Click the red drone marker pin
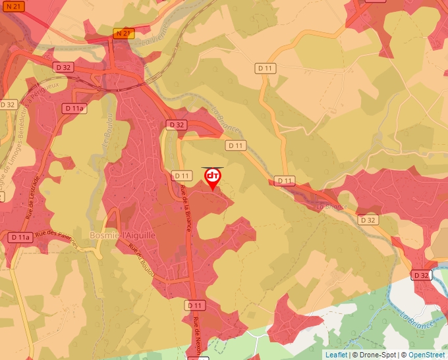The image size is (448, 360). [213, 178]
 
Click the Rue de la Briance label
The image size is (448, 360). [186, 207]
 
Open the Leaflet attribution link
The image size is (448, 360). [336, 355]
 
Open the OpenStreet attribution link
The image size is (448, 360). [426, 355]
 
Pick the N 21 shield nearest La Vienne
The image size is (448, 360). [123, 33]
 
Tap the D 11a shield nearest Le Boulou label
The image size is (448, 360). [75, 108]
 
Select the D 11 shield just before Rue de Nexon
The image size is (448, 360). [195, 305]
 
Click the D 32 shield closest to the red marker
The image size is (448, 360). [177, 124]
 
